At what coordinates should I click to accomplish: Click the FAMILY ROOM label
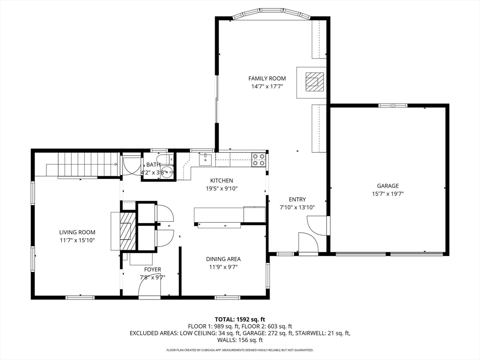point(267,78)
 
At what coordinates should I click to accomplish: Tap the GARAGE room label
point(388,186)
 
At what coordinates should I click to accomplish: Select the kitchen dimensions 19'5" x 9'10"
point(222,188)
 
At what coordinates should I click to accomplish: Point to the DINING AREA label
point(223,259)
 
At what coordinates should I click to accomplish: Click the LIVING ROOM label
point(77,232)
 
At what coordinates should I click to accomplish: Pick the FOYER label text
point(152,270)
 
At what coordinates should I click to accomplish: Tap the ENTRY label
point(297,199)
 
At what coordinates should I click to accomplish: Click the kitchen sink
point(204,160)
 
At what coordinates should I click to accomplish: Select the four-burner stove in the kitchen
point(258,160)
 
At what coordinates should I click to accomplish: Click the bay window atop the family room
point(271,15)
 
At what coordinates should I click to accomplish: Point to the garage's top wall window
point(393,105)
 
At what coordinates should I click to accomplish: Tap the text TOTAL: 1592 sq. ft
point(240,320)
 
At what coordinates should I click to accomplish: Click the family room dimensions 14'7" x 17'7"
point(267,86)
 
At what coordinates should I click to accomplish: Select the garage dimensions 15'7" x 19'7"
point(388,194)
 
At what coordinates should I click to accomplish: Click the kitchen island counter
point(230,215)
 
